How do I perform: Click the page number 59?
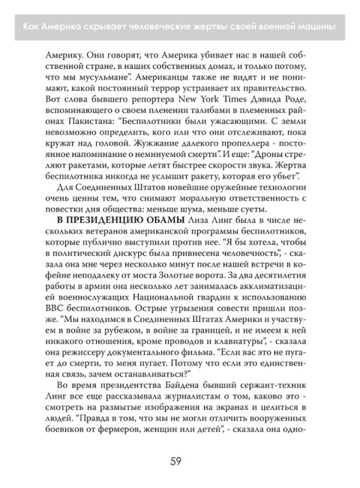point(180,460)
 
